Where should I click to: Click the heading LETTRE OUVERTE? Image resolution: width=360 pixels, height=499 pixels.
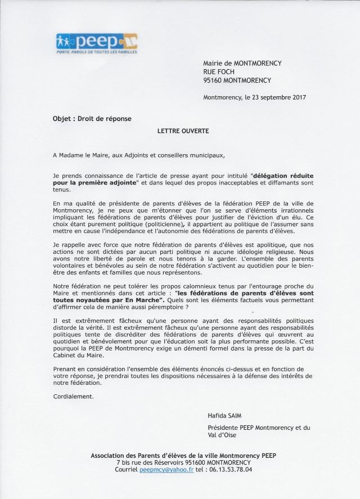point(179,130)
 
